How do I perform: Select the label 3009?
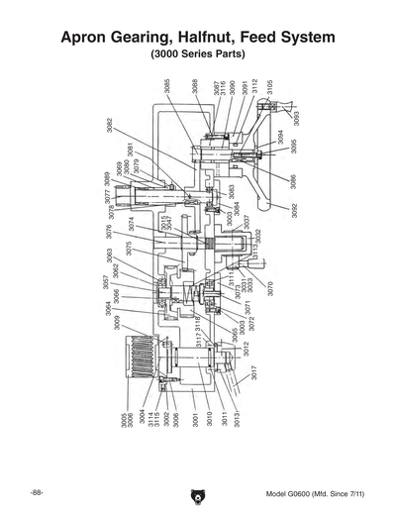click(x=116, y=322)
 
